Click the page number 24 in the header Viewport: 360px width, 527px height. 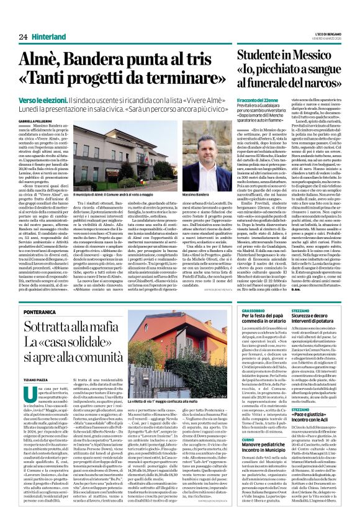(22, 37)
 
